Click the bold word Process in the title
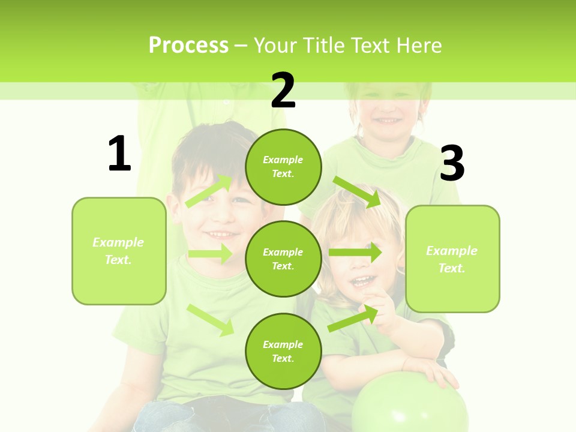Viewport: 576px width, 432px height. pos(188,46)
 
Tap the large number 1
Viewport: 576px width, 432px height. pos(119,154)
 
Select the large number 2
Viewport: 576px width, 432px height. pos(283,90)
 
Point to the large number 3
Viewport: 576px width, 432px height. pos(452,164)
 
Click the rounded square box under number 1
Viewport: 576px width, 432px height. pos(119,251)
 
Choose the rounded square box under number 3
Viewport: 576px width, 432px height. pos(452,259)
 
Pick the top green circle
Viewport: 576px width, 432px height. pos(283,167)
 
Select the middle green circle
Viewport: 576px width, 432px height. pos(283,259)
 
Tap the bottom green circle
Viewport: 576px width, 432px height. pos(283,351)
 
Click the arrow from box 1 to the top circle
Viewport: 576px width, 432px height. pos(209,190)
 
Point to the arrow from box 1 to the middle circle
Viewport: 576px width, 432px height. pos(210,254)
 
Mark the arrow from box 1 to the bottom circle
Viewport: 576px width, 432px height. pos(211,319)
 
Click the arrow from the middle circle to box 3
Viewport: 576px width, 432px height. pos(355,252)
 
